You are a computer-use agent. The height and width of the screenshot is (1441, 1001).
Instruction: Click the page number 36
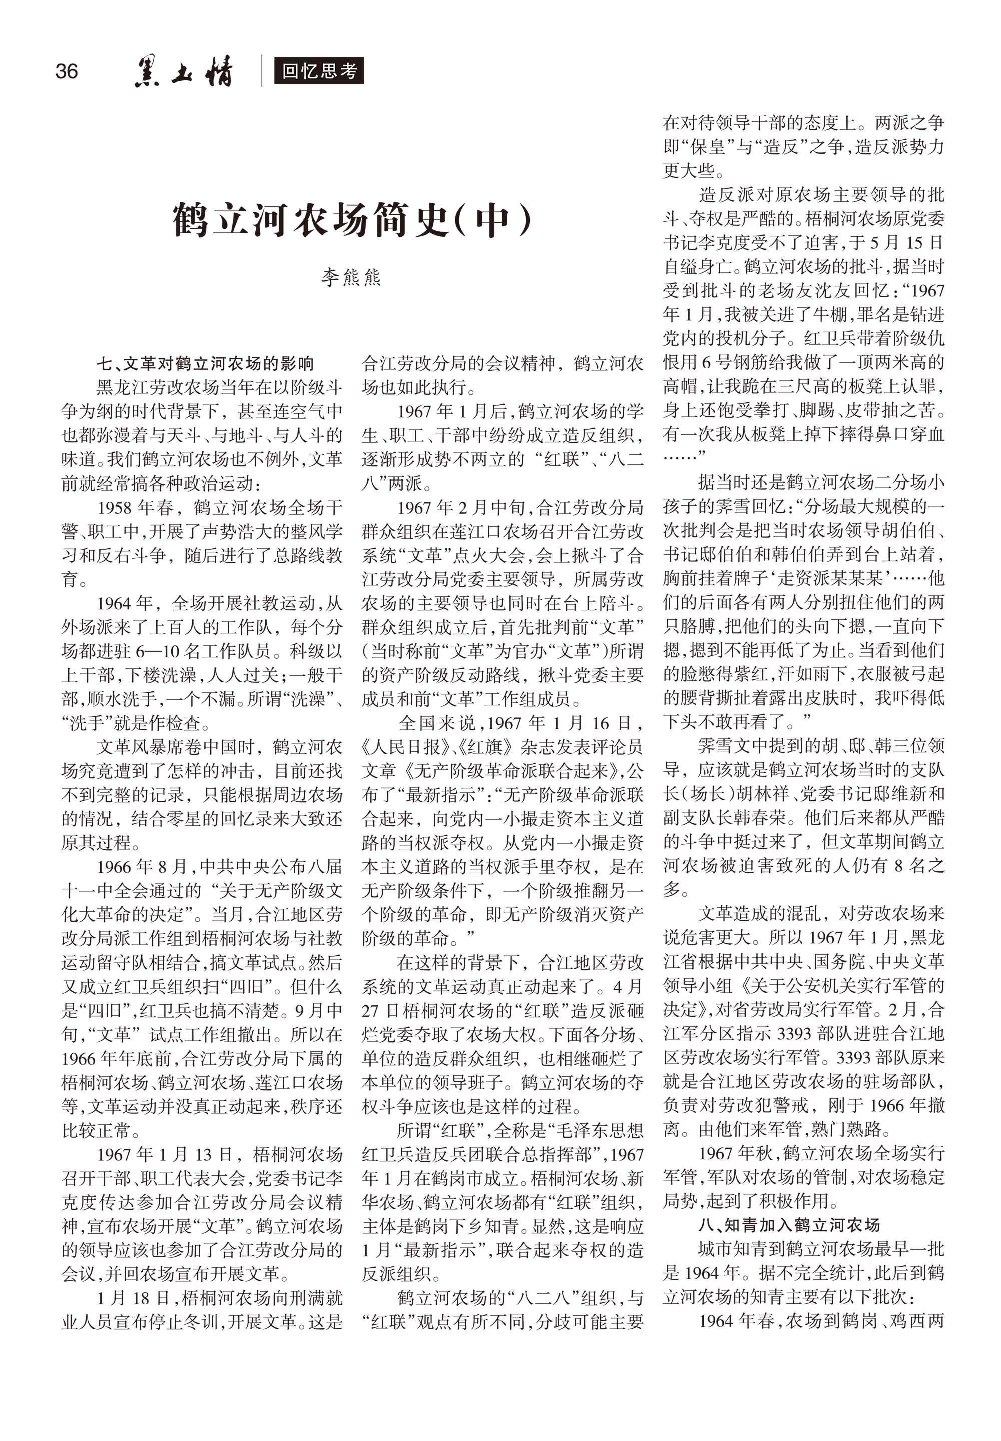67,71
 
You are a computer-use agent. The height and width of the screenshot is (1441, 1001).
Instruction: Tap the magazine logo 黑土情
183,72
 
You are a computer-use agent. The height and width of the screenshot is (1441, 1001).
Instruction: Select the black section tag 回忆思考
319,71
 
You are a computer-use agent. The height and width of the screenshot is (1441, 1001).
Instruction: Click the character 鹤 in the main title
191,220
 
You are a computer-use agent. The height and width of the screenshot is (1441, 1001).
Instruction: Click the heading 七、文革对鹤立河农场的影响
205,364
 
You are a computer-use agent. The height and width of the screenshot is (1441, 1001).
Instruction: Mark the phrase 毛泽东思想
599,1129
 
